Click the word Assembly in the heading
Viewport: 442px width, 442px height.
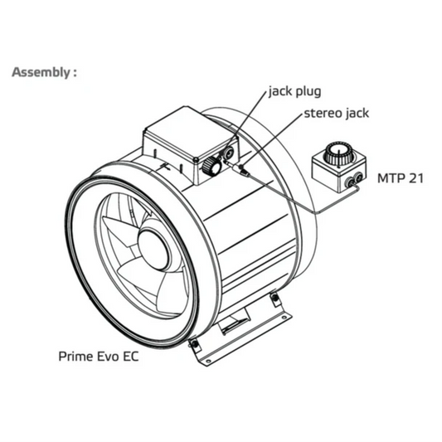pyautogui.click(x=39, y=72)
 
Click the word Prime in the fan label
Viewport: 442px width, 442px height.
pyautogui.click(x=75, y=358)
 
